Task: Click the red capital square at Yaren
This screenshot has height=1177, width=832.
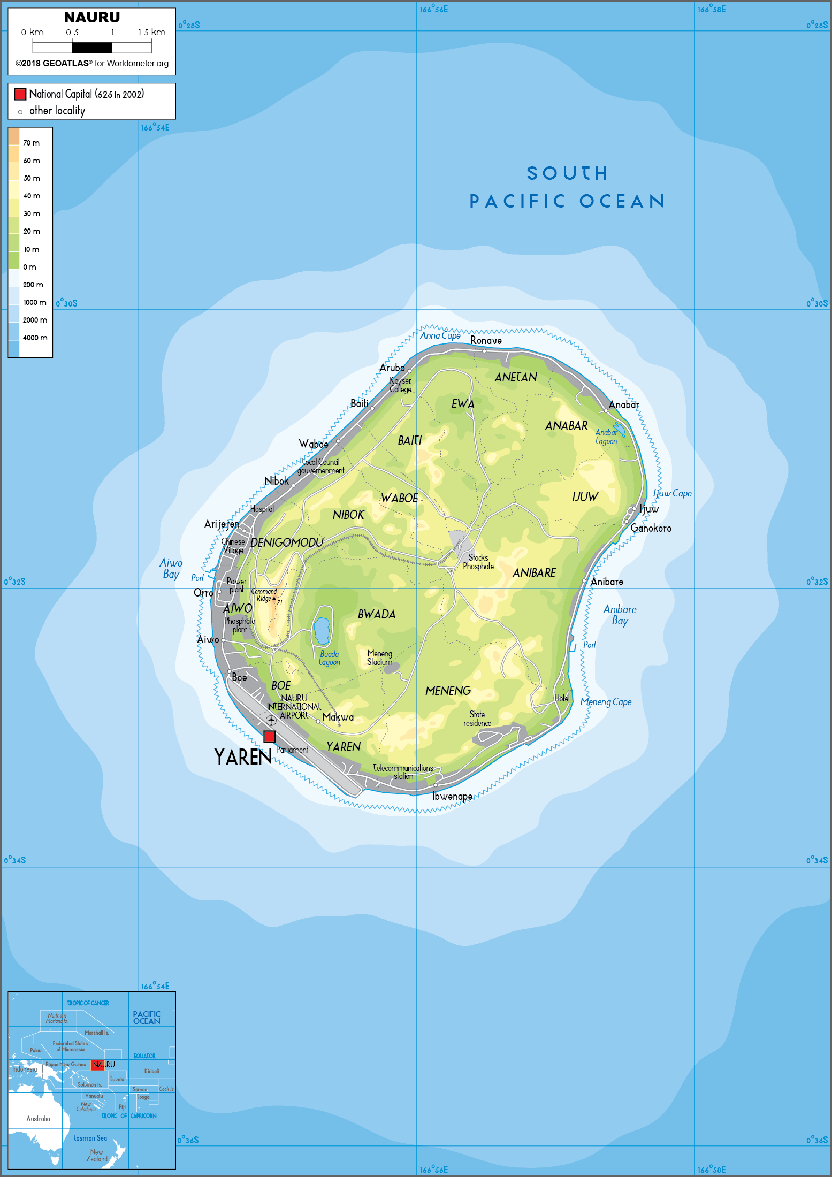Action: pyautogui.click(x=270, y=736)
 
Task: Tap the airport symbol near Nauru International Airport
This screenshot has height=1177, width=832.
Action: pyautogui.click(x=271, y=721)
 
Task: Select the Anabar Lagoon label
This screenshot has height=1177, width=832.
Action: pyautogui.click(x=606, y=437)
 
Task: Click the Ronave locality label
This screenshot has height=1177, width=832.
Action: pyautogui.click(x=486, y=340)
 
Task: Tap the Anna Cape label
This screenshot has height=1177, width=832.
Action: pyautogui.click(x=440, y=335)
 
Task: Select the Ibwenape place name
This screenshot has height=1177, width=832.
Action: pyautogui.click(x=452, y=796)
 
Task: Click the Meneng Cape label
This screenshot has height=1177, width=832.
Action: pyautogui.click(x=606, y=702)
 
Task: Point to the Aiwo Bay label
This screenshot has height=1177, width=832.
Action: pyautogui.click(x=171, y=568)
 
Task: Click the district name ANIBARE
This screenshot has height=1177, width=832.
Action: pyautogui.click(x=534, y=572)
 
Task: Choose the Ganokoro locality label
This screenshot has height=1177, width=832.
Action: pyautogui.click(x=651, y=528)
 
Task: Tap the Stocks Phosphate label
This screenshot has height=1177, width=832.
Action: pyautogui.click(x=478, y=562)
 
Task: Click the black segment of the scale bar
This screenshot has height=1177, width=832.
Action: pyautogui.click(x=92, y=48)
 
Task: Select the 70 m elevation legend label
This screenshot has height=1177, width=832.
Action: pyautogui.click(x=31, y=143)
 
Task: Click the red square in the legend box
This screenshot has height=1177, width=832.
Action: pyautogui.click(x=20, y=94)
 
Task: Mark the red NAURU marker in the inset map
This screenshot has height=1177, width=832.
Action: pyautogui.click(x=97, y=1065)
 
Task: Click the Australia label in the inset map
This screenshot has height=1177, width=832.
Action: pyautogui.click(x=38, y=1119)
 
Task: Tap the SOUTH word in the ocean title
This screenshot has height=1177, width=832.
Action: pyautogui.click(x=567, y=173)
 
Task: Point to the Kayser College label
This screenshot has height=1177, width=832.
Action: pyautogui.click(x=400, y=385)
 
